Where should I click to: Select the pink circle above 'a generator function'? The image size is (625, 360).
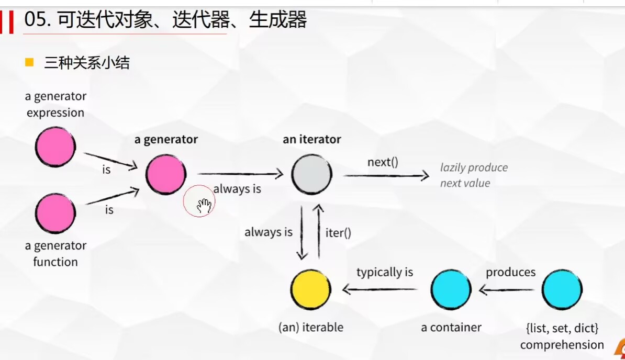(55, 213)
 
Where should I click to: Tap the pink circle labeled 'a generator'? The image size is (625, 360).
(165, 174)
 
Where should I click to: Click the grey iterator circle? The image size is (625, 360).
(311, 174)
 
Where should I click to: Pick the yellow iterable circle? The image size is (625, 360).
(311, 289)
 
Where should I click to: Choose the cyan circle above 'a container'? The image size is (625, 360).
(451, 289)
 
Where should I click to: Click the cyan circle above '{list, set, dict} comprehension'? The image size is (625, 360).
(562, 289)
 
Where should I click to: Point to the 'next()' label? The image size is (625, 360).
(383, 162)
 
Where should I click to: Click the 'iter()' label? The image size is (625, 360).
(338, 233)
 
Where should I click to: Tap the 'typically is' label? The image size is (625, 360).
(385, 272)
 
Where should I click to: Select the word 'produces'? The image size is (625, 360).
(510, 272)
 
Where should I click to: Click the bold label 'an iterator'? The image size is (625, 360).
(311, 139)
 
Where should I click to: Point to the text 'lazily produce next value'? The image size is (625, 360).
(473, 175)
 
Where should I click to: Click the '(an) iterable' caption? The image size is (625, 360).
(311, 328)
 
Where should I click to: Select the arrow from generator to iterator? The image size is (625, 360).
(240, 174)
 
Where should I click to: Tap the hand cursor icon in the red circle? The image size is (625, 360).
(204, 206)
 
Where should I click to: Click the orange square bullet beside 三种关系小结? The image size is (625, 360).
(29, 63)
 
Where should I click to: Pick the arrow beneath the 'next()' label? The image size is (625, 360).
(386, 176)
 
